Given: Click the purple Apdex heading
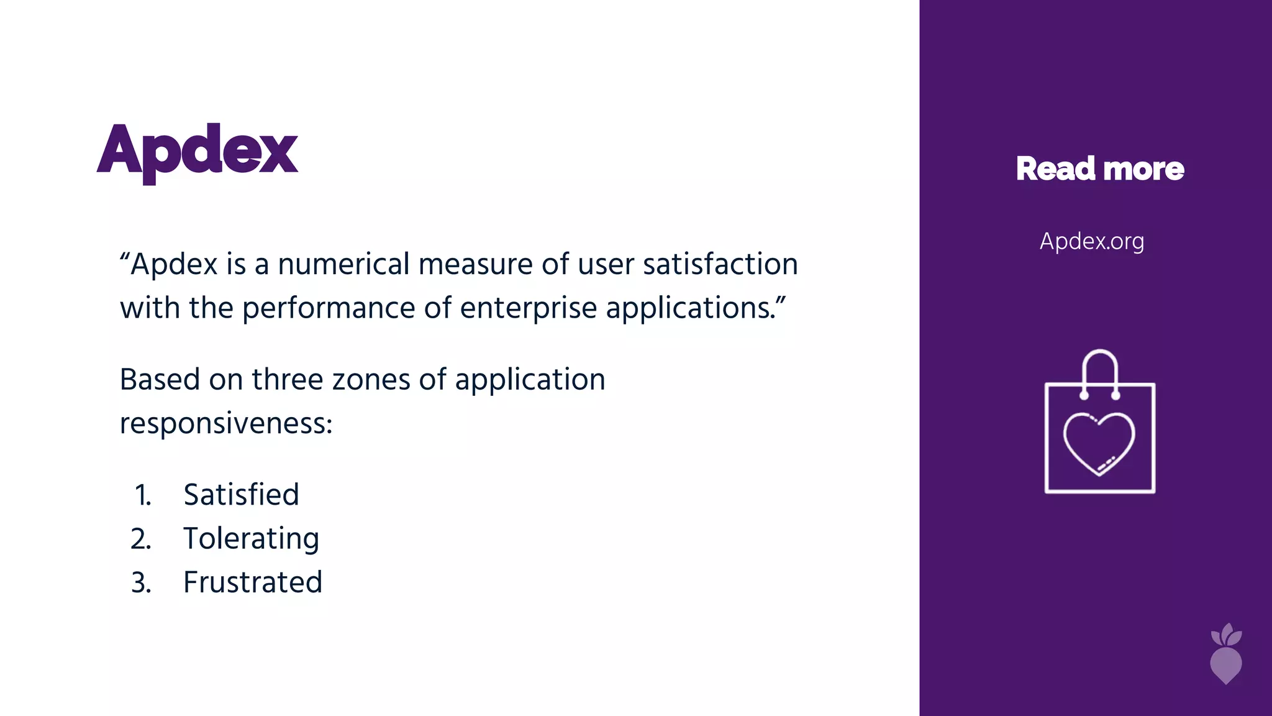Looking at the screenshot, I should pyautogui.click(x=198, y=151).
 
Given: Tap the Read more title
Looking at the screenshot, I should pyautogui.click(x=1100, y=168).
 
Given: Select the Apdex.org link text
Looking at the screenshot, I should pyautogui.click(x=1092, y=241).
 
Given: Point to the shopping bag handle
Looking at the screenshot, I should pyautogui.click(x=1100, y=370).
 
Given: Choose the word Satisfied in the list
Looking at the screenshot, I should pyautogui.click(x=241, y=495).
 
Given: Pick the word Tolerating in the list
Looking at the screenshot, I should pyautogui.click(x=251, y=539).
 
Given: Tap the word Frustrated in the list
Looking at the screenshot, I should pyautogui.click(x=253, y=582).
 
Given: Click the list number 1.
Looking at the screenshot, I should pyautogui.click(x=143, y=495).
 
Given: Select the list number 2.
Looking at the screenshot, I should pyautogui.click(x=142, y=539).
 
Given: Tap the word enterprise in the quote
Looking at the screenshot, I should pyautogui.click(x=528, y=308).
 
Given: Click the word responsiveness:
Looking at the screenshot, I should pyautogui.click(x=226, y=424).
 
